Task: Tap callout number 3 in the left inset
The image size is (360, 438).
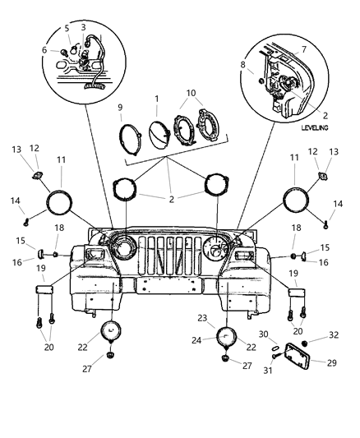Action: tap(83, 28)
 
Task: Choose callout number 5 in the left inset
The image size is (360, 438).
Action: tap(67, 28)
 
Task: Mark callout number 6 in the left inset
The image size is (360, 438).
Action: tap(55, 50)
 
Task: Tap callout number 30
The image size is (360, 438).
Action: tap(264, 334)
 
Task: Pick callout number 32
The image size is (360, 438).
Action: tap(332, 335)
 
